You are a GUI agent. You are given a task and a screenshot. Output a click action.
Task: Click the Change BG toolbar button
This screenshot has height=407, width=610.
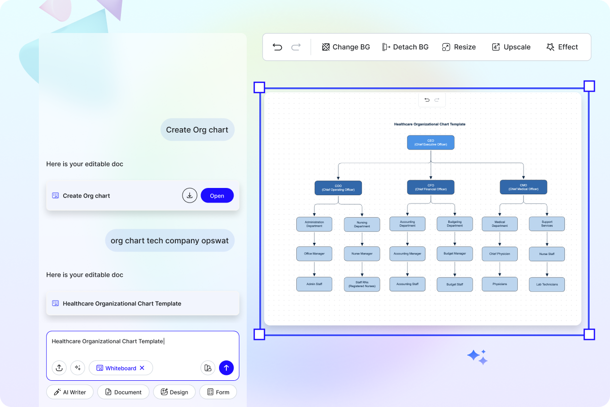[346, 47]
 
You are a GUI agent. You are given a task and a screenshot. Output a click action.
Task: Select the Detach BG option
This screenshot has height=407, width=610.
[405, 47]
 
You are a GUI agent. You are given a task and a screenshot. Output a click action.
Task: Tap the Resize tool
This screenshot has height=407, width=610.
[459, 47]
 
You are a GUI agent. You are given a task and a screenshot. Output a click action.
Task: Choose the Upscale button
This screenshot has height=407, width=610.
[511, 47]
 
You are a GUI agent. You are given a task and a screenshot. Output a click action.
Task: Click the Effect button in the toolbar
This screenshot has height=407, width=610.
[562, 47]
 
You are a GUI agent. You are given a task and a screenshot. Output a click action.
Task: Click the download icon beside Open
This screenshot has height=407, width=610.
[190, 195]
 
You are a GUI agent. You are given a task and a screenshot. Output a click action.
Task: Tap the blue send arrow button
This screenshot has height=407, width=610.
[226, 368]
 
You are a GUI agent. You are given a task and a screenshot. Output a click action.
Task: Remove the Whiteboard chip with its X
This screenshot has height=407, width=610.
[142, 368]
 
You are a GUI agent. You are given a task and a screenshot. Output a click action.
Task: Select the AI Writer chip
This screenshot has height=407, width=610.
[69, 392]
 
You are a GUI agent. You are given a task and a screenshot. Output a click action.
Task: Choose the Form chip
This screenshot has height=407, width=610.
[218, 392]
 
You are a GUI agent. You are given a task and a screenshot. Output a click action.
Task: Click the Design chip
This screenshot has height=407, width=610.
[174, 392]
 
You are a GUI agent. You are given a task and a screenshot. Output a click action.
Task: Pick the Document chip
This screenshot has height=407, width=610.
[123, 392]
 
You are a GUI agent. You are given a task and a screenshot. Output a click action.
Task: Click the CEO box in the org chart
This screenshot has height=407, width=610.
[430, 142]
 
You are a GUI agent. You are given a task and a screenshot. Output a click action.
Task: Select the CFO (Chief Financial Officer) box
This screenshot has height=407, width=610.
[430, 187]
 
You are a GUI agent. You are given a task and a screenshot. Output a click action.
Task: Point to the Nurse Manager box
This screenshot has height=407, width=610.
[362, 254]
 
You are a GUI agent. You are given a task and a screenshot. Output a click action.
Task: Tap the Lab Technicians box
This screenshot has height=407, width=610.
[547, 284]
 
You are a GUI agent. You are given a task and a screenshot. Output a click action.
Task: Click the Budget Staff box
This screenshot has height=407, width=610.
[455, 284]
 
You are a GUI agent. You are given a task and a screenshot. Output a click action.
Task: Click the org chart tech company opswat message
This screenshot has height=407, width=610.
[169, 240]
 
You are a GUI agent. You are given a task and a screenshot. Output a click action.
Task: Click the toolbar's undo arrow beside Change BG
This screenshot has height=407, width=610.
[277, 47]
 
